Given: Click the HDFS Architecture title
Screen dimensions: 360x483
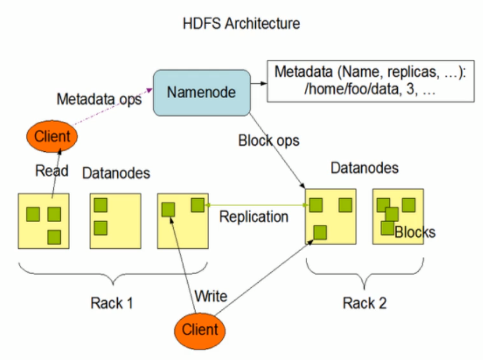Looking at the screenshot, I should [242, 24].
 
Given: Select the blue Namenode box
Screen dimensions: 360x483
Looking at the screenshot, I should [201, 92].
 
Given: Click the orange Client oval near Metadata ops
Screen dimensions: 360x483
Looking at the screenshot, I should [52, 136].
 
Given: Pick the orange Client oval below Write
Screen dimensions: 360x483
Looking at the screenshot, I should [199, 329].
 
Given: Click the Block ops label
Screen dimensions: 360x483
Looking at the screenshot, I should [268, 141].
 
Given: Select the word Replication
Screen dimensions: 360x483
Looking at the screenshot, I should [254, 216].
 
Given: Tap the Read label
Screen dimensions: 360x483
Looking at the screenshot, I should [52, 170].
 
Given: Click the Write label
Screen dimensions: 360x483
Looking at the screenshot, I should [211, 296].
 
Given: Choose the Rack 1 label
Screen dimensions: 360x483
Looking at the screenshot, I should [112, 302].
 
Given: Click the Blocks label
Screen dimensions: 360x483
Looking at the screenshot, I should [415, 232].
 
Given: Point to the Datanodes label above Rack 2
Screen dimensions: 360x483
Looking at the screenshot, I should [364, 168].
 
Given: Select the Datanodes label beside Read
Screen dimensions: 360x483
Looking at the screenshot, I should [116, 173].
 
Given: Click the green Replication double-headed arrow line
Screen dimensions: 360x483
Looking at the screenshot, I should [255, 205].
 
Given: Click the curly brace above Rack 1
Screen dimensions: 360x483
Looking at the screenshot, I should [113, 276].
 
